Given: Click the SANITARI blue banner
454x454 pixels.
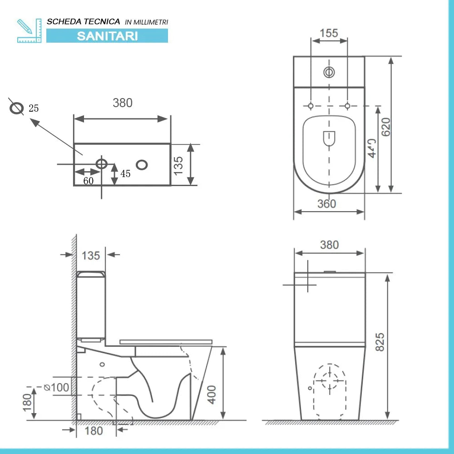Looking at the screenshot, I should click(107, 36).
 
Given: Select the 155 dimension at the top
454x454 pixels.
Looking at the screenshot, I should click(329, 33).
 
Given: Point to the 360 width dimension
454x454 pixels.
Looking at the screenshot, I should click(327, 204).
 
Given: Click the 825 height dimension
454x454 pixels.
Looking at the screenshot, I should click(380, 341).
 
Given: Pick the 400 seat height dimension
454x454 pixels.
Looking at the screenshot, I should click(212, 395).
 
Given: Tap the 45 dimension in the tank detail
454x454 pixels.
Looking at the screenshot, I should click(125, 174).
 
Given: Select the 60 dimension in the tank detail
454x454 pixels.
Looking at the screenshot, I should click(88, 181).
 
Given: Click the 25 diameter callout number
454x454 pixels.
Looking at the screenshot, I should click(34, 109).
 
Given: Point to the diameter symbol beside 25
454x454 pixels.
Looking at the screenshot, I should click(17, 109).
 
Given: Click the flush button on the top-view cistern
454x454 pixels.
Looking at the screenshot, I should click(329, 72).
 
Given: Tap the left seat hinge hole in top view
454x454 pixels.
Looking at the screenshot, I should click(311, 106).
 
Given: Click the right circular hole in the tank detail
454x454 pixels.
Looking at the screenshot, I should click(142, 164).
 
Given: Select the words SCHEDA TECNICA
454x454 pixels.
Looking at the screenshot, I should click(84, 21).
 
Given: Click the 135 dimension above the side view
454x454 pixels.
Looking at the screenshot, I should click(91, 256).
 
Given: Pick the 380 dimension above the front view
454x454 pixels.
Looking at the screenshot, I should click(329, 245).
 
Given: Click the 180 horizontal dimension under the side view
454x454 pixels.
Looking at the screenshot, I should click(94, 430).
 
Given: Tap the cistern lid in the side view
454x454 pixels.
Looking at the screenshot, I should click(91, 274).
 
